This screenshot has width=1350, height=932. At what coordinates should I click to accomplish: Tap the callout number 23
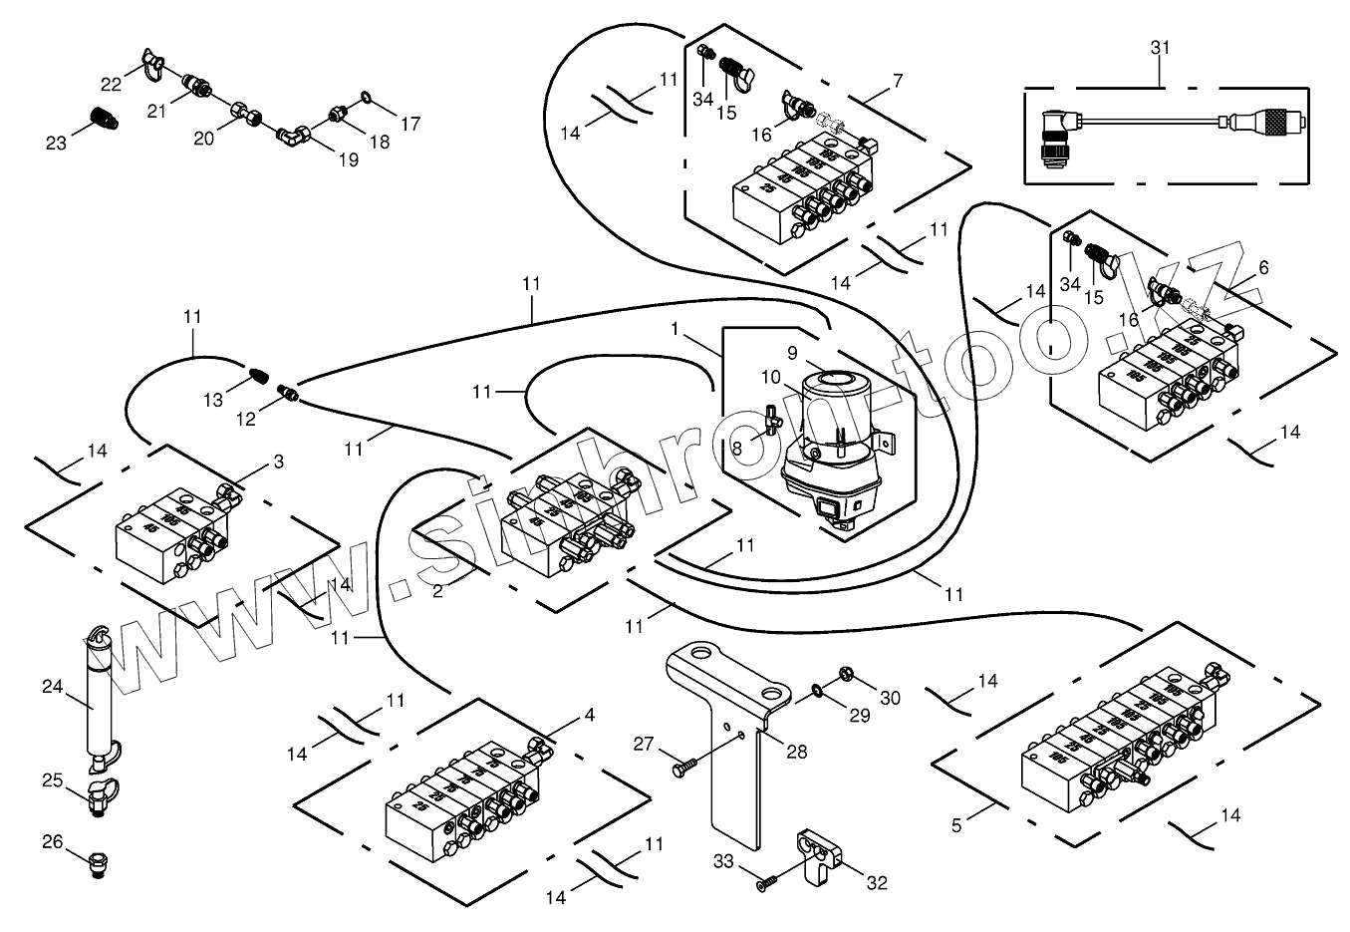[56, 143]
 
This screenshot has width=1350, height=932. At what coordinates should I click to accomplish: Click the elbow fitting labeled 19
[291, 133]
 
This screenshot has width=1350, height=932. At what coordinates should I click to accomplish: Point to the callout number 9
[792, 352]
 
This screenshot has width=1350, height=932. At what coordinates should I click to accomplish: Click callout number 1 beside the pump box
[675, 328]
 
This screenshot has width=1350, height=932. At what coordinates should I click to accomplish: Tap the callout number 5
[956, 826]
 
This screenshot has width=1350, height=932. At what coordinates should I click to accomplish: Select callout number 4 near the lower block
[590, 715]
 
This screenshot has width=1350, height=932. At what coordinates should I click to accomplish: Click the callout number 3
[278, 462]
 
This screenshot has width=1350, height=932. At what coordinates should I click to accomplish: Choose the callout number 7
[898, 81]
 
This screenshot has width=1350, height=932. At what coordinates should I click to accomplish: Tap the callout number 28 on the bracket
[796, 752]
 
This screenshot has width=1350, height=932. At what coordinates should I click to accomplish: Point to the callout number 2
[437, 591]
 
